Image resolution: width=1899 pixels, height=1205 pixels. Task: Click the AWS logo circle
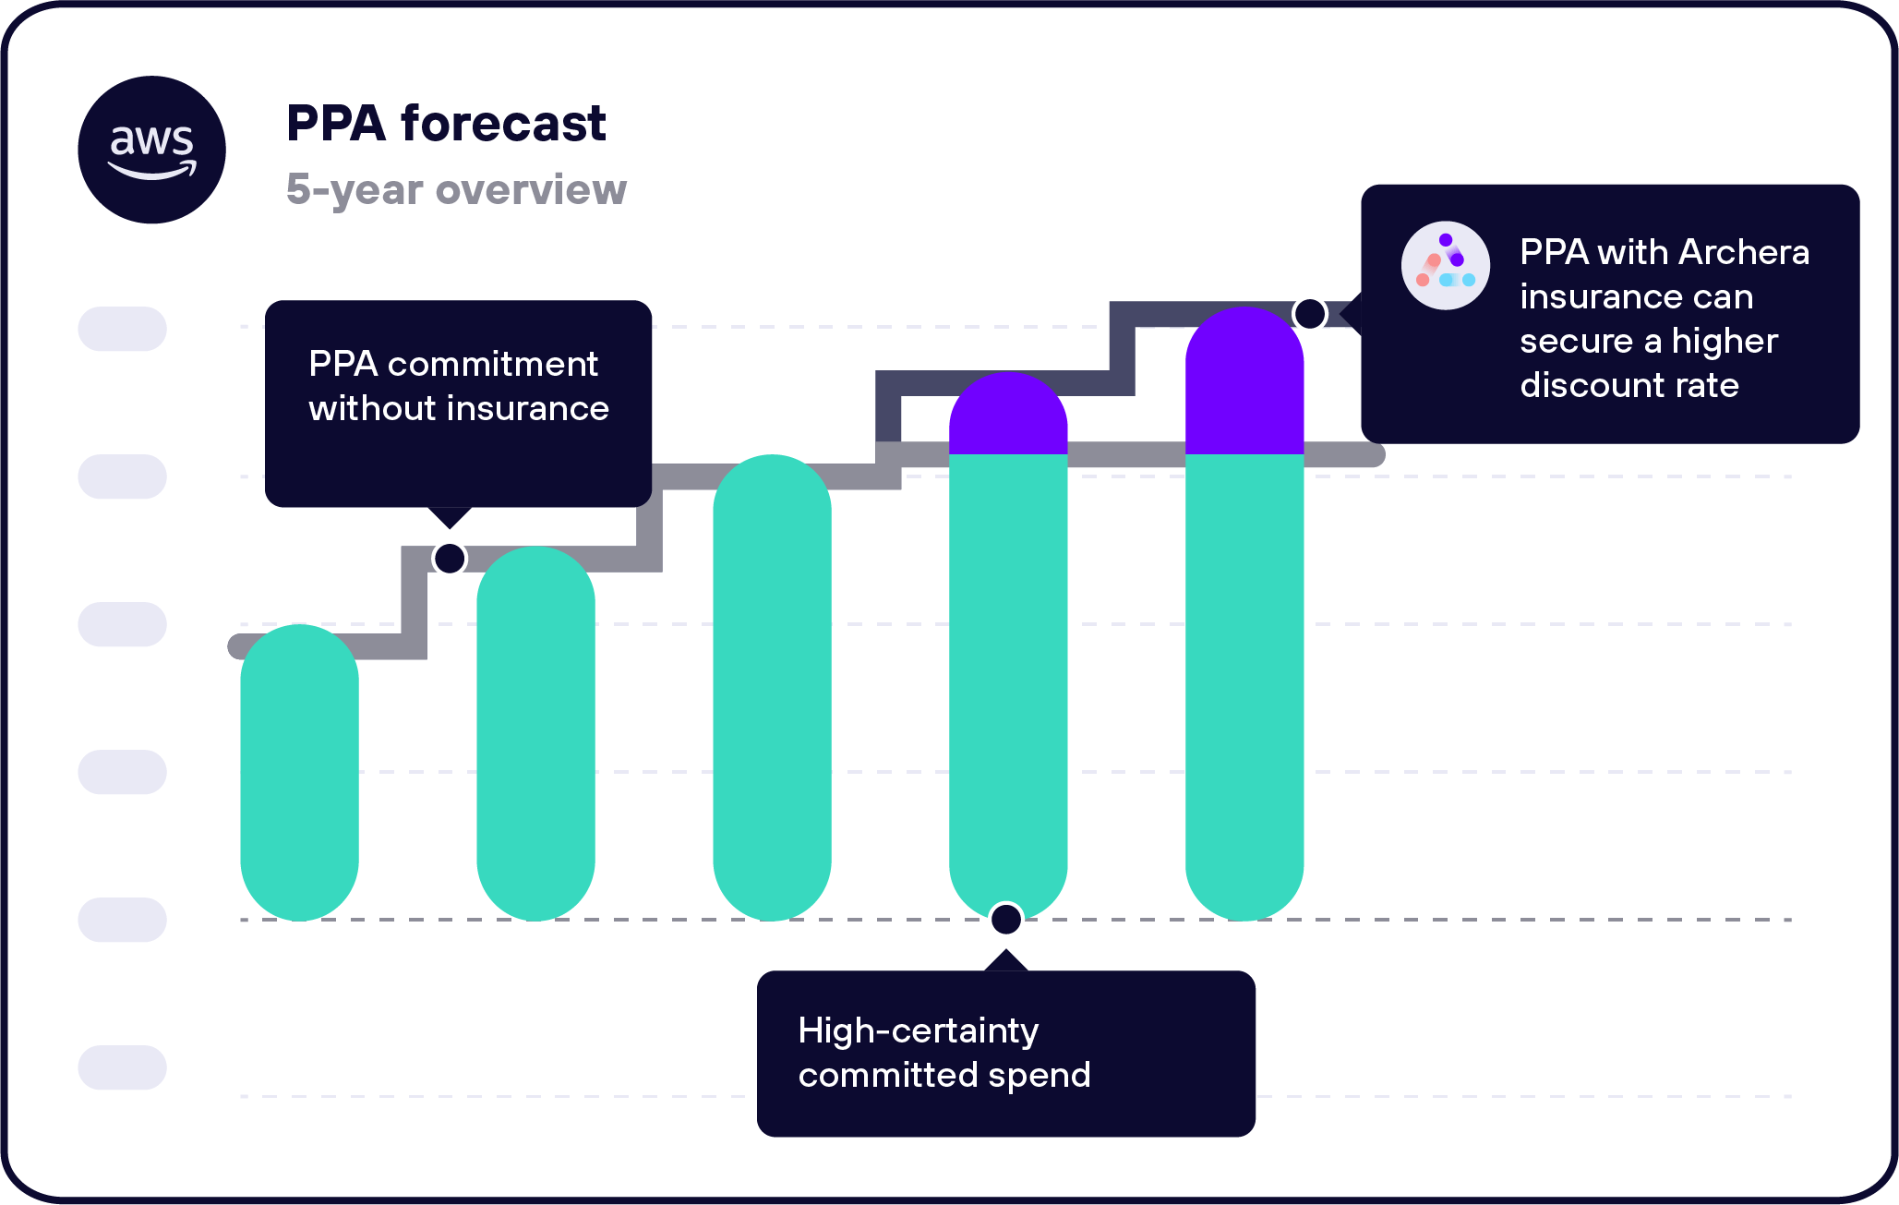[151, 150]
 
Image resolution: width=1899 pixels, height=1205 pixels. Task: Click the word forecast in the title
[503, 124]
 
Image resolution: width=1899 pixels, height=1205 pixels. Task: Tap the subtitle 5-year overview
[456, 189]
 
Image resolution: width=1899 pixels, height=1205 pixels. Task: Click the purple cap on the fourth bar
[1008, 416]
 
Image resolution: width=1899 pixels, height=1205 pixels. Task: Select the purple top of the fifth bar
[1244, 383]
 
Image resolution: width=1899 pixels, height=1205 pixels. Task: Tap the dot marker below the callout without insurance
[450, 558]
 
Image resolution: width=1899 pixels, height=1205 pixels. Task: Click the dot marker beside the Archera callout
[1309, 314]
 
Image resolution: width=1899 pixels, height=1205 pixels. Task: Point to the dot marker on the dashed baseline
[1006, 919]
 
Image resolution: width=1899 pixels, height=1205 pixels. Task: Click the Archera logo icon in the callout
[1445, 265]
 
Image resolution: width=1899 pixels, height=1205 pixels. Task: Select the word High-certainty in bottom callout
[918, 1030]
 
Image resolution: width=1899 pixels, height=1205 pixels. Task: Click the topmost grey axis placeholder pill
[122, 329]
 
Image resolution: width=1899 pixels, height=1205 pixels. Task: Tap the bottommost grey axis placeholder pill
[122, 1067]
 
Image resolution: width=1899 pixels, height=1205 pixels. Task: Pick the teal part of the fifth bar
[1244, 683]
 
